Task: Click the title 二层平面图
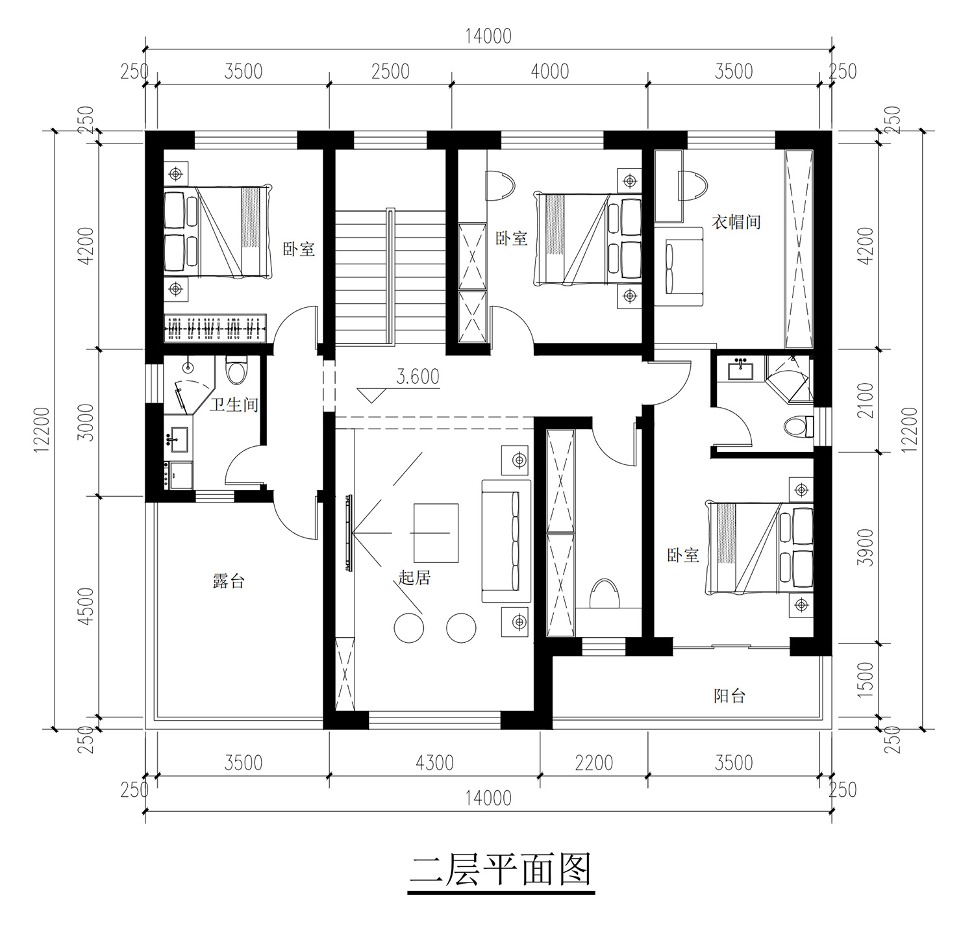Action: [501, 870]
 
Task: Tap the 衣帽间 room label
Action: [736, 222]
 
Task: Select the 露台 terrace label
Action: [229, 581]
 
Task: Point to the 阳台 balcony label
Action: [729, 696]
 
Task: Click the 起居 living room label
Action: [414, 577]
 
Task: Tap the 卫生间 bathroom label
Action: [234, 405]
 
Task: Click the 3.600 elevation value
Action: [418, 377]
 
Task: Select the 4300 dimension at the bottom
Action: [434, 762]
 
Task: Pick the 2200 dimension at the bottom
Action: [593, 762]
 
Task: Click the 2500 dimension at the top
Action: [390, 71]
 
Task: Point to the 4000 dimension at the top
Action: [550, 71]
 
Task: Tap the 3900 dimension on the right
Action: [866, 547]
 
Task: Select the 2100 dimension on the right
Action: [866, 400]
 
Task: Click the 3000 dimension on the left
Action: [86, 423]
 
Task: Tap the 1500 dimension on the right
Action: [866, 681]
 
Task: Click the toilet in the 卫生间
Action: [236, 370]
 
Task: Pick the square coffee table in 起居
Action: [436, 533]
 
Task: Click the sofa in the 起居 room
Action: [506, 541]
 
